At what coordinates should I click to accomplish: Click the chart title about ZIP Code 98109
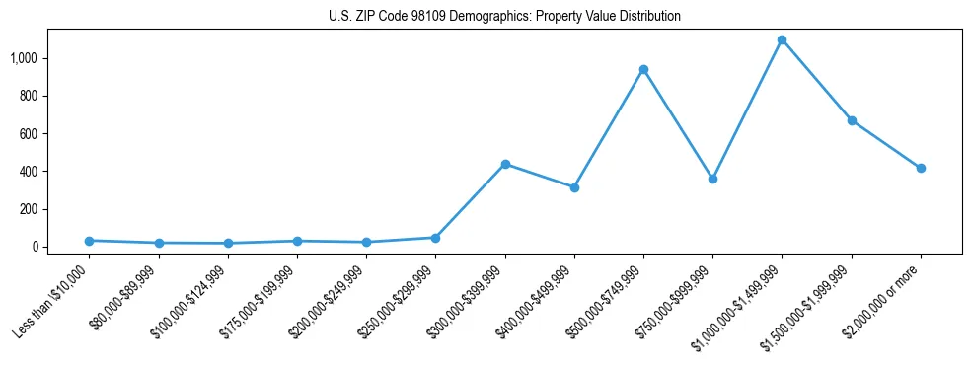[504, 17]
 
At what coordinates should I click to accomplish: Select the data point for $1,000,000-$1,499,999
[782, 40]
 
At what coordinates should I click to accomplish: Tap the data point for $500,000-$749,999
[643, 70]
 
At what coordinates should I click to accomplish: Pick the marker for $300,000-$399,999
[505, 164]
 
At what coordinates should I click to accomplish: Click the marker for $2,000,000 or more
[921, 168]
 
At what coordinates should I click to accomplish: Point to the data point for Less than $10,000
[90, 241]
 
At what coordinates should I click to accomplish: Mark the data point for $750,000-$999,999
[712, 179]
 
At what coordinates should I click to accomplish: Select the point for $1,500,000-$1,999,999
[852, 120]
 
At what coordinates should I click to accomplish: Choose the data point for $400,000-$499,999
[574, 187]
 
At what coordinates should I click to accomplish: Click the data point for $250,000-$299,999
[435, 238]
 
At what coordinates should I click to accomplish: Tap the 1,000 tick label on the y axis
[24, 58]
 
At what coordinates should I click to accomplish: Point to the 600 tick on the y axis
[29, 134]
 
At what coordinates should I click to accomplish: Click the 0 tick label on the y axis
[34, 247]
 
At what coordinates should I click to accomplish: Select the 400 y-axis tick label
[29, 172]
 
